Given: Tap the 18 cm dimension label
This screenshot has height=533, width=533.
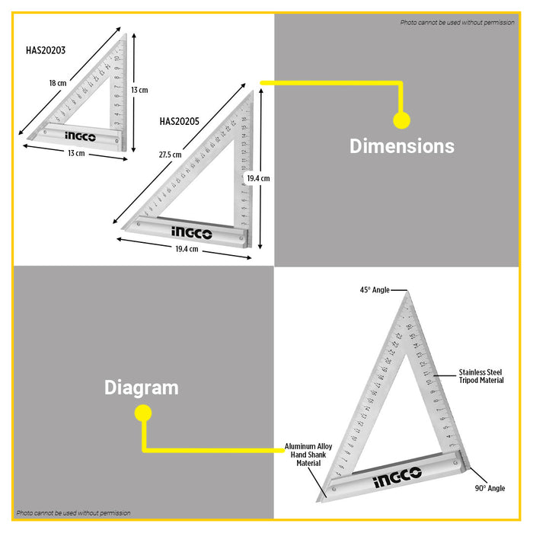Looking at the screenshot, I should click(58, 84).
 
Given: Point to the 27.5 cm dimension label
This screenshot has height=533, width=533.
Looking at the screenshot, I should click(170, 155).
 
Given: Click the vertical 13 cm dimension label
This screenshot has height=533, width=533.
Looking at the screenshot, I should click(139, 90).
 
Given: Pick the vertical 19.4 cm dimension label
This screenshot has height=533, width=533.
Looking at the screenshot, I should click(258, 177).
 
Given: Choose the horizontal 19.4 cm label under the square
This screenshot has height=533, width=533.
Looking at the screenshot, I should click(183, 249).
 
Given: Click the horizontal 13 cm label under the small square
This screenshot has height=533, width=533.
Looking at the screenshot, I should click(75, 153).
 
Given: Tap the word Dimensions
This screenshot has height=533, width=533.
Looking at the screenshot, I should click(401, 146).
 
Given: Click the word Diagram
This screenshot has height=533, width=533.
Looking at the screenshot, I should click(141, 388).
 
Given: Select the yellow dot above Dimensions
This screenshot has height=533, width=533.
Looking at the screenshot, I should click(401, 120).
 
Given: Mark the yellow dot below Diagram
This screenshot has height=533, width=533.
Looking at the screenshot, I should click(142, 413).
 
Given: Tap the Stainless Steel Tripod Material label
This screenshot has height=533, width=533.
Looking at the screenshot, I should click(480, 376).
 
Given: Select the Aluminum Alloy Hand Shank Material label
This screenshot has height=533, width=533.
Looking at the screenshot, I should click(308, 454).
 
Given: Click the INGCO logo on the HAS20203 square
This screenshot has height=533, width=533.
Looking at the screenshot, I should click(80, 137).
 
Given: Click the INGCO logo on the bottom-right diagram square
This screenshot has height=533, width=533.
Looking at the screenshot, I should click(397, 480).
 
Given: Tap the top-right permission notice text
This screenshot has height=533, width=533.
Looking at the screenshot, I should click(457, 22).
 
